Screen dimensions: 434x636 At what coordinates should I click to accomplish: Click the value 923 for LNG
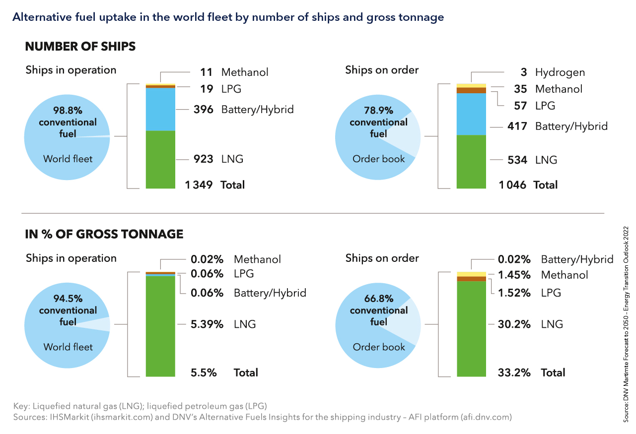coord(204,159)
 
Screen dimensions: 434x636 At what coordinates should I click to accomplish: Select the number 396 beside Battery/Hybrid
coord(204,109)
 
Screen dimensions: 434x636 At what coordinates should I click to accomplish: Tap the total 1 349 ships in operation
coord(199,185)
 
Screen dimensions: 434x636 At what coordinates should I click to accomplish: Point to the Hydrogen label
coord(560,72)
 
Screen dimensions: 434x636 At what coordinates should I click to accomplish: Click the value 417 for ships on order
coord(516,126)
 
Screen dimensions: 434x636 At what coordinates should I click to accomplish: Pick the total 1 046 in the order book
coord(512,185)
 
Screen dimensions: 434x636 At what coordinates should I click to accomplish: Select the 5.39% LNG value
coord(208,324)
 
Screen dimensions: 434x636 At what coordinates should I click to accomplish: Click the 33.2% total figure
coord(514,372)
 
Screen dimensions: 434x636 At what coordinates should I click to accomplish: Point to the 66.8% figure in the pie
coord(379,299)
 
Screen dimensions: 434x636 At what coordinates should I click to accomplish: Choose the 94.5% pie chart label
coord(68,299)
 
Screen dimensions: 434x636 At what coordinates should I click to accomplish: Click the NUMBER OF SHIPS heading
coord(80,47)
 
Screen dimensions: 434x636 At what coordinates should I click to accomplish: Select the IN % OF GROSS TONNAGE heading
coord(104,234)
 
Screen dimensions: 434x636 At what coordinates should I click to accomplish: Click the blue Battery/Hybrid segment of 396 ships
coord(160,109)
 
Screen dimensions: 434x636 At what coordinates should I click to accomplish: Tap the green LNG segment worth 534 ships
coord(471,161)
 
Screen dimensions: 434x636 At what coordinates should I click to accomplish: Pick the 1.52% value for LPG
coord(514,293)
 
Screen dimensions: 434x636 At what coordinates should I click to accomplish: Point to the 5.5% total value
coord(204,372)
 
